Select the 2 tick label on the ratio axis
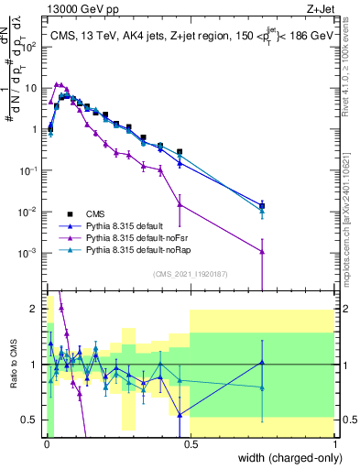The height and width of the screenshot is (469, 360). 36,308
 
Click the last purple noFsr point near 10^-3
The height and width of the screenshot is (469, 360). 262,252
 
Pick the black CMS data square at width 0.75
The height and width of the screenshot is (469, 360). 262,206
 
